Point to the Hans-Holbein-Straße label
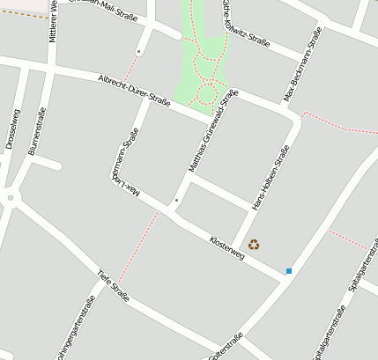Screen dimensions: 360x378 [271, 179]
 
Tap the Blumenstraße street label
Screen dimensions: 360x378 [37, 132]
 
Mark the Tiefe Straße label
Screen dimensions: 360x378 [114, 286]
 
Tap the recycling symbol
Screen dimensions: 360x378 [254, 245]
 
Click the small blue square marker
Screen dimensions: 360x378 [288, 271]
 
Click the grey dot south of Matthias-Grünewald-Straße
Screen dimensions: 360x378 [176, 201]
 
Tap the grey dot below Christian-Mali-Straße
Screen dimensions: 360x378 [139, 52]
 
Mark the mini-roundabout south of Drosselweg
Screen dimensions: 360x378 [11, 198]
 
